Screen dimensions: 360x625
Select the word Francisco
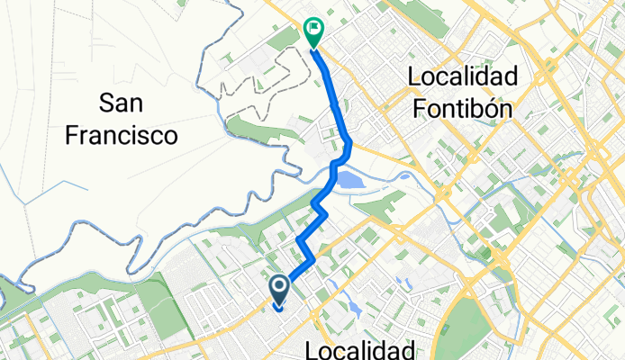(x=125, y=136)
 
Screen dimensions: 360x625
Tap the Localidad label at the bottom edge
(x=360, y=349)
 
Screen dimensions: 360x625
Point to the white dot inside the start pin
(x=279, y=287)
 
